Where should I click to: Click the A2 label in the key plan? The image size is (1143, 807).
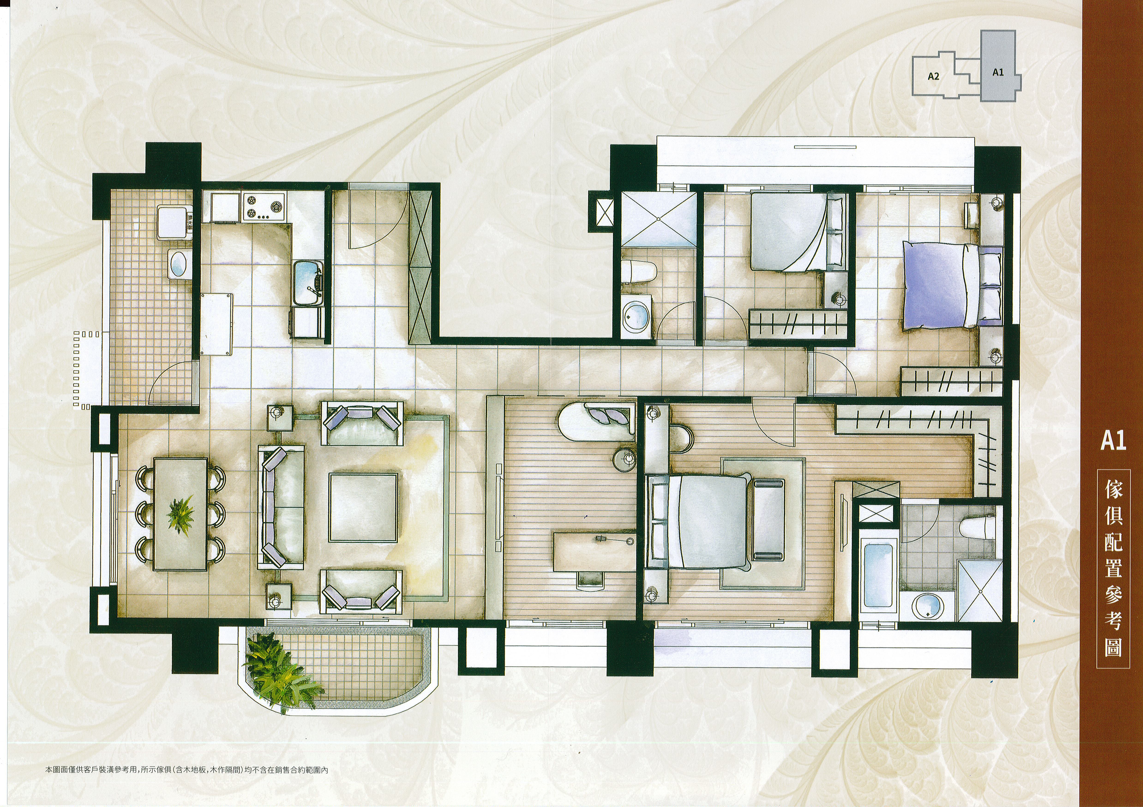933,77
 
